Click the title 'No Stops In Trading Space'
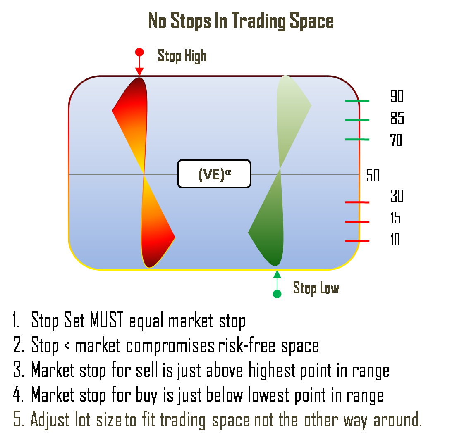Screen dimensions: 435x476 coord(241,21)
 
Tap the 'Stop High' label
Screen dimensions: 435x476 coord(182,56)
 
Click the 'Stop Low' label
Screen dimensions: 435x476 coord(316,288)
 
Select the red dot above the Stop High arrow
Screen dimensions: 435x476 coord(139,52)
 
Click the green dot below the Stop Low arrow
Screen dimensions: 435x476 coord(277,294)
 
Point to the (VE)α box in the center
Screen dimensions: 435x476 coord(214,174)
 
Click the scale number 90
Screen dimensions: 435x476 coord(397,97)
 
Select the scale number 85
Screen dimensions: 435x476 coord(397,119)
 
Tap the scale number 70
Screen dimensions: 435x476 coord(396,140)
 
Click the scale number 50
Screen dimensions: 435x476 coord(373,176)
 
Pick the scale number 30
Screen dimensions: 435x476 coord(397,196)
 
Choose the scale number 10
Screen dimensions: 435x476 coord(395,240)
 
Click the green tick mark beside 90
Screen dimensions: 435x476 coord(357,101)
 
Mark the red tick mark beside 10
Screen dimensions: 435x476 coord(357,241)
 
